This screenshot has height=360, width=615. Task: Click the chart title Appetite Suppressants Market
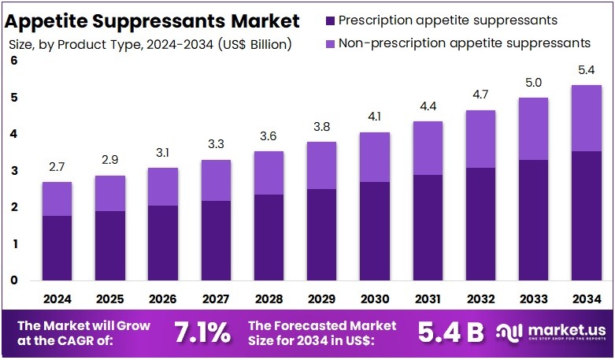[x=154, y=19]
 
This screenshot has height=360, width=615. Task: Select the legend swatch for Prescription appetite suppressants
[x=328, y=19]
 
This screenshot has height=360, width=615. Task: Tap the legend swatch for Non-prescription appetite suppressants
[x=328, y=42]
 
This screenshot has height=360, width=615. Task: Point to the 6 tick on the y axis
[x=14, y=61]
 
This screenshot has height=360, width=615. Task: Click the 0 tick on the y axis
[x=14, y=280]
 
